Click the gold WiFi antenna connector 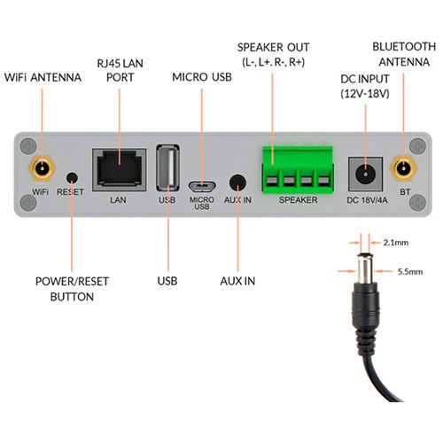[43, 168]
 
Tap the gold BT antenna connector [403, 168]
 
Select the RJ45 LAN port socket [120, 170]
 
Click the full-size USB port [167, 167]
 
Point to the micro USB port [202, 187]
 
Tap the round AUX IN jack [237, 183]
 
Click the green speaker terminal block [298, 170]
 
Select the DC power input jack [365, 174]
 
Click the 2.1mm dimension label [396, 243]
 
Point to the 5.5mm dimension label [410, 272]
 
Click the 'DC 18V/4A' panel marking [367, 200]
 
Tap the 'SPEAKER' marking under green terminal [299, 200]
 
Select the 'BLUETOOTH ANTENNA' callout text [404, 54]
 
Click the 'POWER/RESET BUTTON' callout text [72, 289]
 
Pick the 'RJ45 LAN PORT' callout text [120, 70]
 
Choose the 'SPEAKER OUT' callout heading [273, 47]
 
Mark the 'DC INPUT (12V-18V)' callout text [365, 86]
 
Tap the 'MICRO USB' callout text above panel [202, 77]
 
